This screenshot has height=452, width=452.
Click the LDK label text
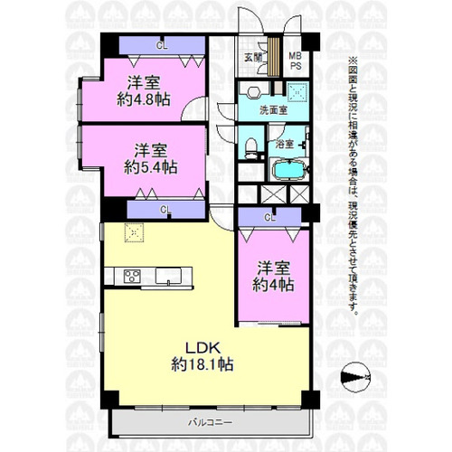[202, 348]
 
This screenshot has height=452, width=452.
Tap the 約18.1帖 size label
[202, 364]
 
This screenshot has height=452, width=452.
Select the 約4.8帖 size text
[144, 99]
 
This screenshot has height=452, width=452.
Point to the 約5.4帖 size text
[151, 167]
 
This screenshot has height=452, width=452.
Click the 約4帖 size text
[273, 285]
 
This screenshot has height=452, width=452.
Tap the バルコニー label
[211, 422]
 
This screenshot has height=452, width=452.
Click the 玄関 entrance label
[253, 57]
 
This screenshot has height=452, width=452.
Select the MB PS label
[296, 61]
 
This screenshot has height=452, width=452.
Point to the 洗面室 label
[274, 110]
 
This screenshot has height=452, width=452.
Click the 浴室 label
[285, 144]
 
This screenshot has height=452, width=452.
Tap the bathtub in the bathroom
[288, 170]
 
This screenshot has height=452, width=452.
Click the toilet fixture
[250, 146]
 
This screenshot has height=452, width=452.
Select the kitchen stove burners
[132, 276]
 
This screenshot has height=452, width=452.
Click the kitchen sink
[168, 276]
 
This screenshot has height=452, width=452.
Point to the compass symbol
[355, 377]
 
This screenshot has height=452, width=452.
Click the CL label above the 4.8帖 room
[162, 45]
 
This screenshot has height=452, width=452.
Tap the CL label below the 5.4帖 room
[165, 210]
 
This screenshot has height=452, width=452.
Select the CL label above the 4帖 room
[269, 218]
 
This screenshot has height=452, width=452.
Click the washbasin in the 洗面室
[254, 92]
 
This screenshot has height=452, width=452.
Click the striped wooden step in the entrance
[274, 57]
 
